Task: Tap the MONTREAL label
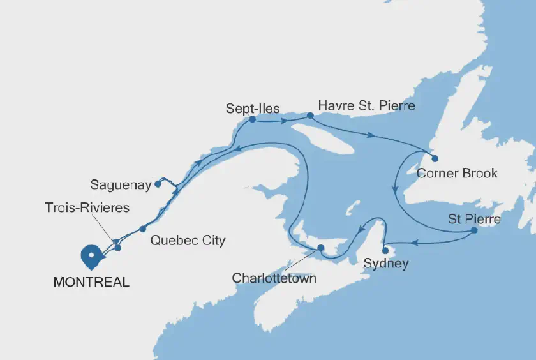click(92, 281)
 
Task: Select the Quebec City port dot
click(143, 229)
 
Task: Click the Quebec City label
click(188, 241)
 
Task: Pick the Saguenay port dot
click(157, 184)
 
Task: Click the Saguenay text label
click(121, 185)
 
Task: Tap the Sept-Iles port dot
click(252, 119)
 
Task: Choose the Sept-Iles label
click(253, 109)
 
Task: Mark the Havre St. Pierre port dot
click(310, 116)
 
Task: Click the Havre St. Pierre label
click(366, 105)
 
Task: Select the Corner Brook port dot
click(435, 158)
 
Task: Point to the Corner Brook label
click(456, 173)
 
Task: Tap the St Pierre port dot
click(473, 230)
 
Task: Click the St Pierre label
click(474, 219)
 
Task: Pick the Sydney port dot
click(385, 250)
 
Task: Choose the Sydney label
click(385, 263)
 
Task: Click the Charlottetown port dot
click(321, 248)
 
